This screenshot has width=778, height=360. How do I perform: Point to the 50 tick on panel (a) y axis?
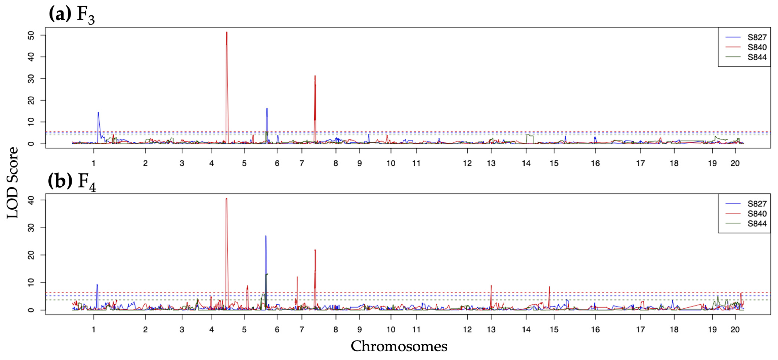click(31, 35)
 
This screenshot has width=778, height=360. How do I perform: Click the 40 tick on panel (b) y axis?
click(31, 200)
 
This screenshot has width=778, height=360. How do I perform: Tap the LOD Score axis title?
click(13, 182)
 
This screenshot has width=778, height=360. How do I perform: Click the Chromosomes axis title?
click(399, 346)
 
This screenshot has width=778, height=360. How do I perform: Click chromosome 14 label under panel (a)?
click(526, 163)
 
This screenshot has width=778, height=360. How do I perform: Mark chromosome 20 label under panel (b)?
click(735, 330)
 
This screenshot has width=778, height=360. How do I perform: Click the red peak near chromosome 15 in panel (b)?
click(549, 287)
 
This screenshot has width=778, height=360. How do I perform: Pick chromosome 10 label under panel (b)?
click(391, 330)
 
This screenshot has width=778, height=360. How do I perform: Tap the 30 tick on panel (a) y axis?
click(31, 79)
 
